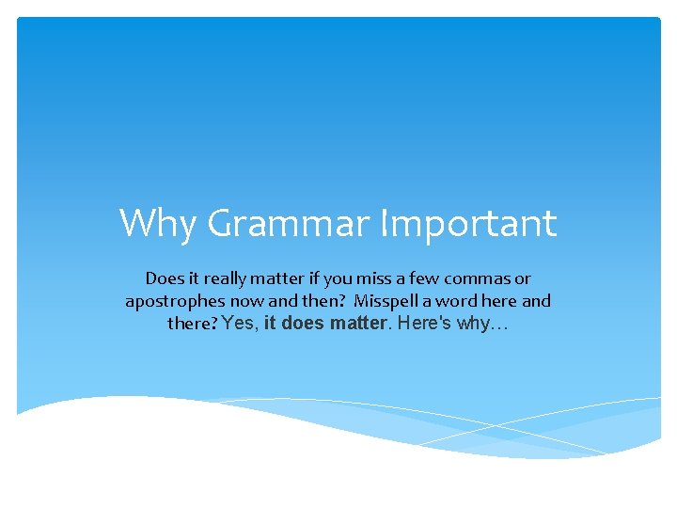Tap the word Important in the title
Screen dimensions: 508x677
[468, 224]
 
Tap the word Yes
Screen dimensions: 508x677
[241, 325]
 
